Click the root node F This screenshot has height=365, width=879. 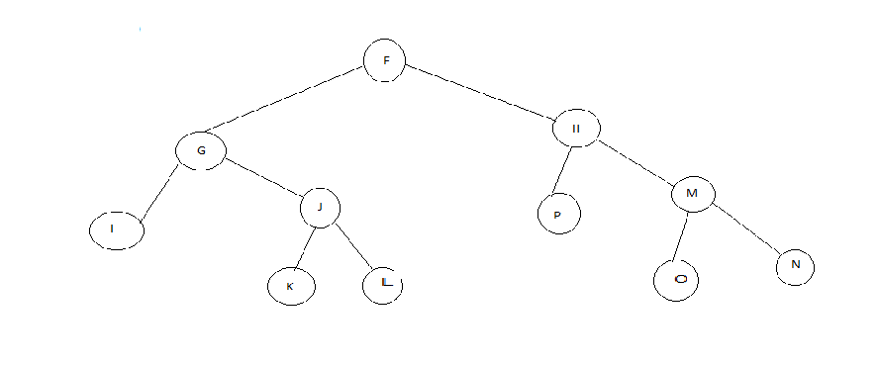click(x=386, y=61)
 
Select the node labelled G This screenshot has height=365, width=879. click(x=201, y=151)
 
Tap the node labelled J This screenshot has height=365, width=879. click(x=320, y=208)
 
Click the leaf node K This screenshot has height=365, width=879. click(x=290, y=286)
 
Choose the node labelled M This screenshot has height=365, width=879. click(x=693, y=194)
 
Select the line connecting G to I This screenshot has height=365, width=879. click(x=158, y=192)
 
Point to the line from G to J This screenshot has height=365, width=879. click(x=262, y=180)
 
